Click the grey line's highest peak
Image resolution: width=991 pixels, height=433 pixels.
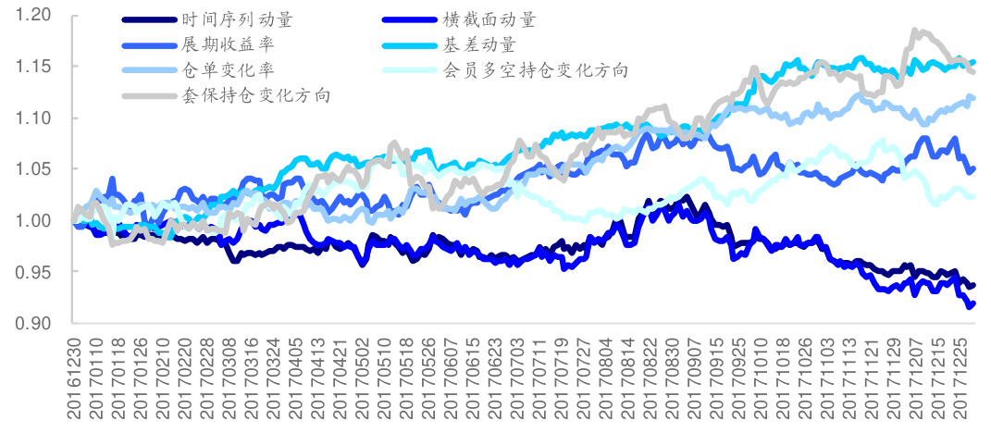point(915,31)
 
